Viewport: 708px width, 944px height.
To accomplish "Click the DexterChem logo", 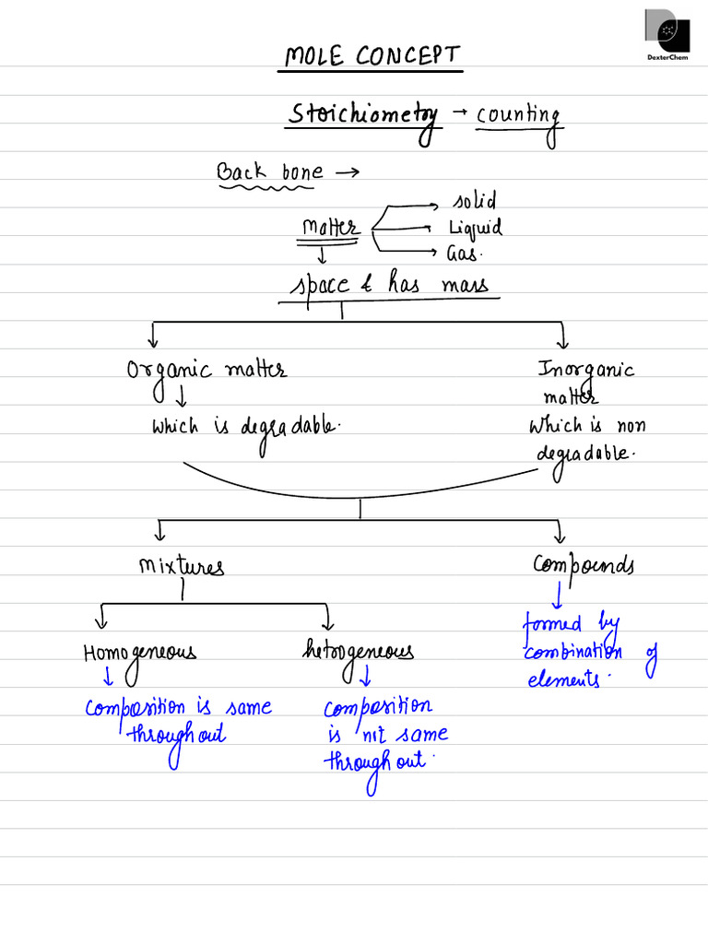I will click(x=667, y=36).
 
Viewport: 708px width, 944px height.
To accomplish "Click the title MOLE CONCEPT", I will click(x=371, y=57).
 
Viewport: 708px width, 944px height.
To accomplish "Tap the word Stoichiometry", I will click(x=363, y=116).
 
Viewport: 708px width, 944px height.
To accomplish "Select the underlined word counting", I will click(x=517, y=117).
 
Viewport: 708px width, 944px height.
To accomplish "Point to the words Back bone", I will click(x=269, y=171).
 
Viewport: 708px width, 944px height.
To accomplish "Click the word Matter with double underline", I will click(x=329, y=228).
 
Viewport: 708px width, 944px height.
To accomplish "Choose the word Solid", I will click(x=474, y=201).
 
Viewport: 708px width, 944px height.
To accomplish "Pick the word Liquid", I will click(x=475, y=228).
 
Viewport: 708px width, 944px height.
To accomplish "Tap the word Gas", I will click(x=464, y=254).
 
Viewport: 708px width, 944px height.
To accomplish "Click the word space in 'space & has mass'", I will click(x=320, y=285).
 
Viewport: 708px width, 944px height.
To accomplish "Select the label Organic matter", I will click(x=206, y=370).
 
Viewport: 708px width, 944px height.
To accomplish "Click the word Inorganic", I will click(x=586, y=370).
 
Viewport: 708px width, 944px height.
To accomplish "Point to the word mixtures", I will click(x=181, y=565).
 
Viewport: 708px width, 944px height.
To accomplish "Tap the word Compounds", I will click(x=583, y=564).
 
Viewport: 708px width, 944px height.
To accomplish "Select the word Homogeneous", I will click(x=139, y=653).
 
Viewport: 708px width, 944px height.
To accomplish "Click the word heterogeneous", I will click(x=358, y=653).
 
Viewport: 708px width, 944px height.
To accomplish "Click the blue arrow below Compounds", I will click(x=557, y=595).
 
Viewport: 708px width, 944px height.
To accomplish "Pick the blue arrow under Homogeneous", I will click(x=108, y=678).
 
